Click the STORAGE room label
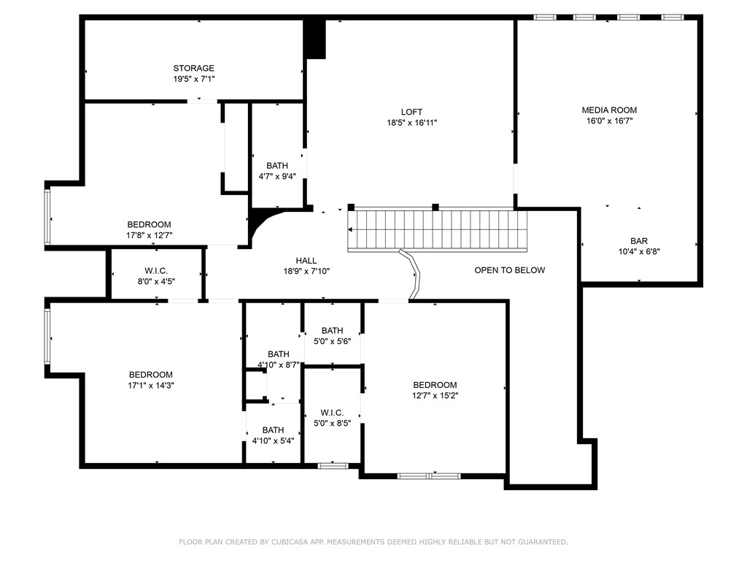point(193,68)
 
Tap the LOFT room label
point(411,112)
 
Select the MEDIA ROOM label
point(609,110)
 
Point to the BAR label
point(639,240)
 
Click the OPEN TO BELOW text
point(509,270)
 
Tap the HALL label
point(306,260)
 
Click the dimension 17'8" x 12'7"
point(149,235)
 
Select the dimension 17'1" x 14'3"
point(150,386)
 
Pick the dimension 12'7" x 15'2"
point(435,396)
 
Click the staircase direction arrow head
point(351,229)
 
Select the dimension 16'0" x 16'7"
point(609,121)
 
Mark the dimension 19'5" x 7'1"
point(193,79)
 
